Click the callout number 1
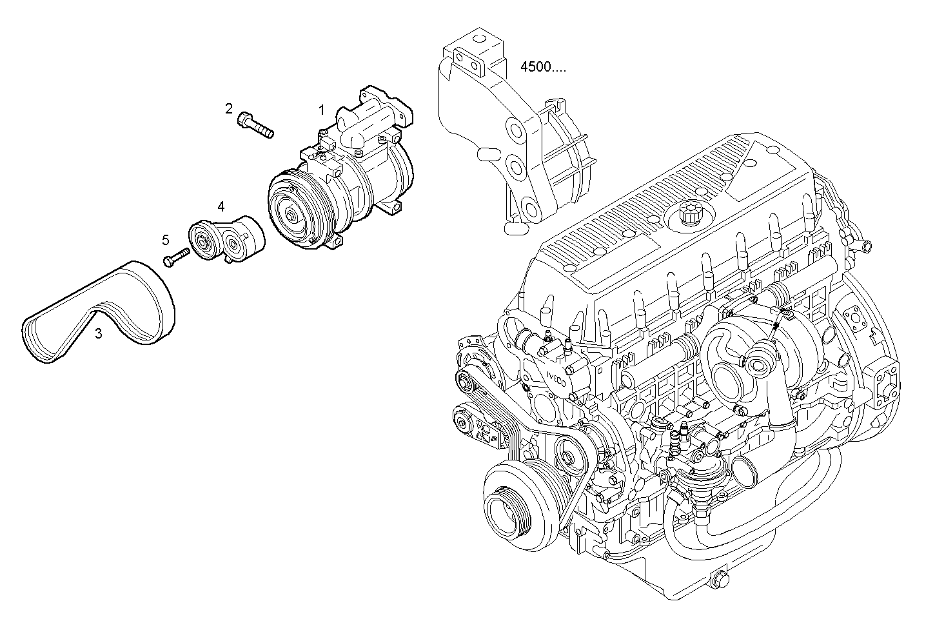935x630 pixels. [321, 110]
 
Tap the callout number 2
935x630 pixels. [228, 108]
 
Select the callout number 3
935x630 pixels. [98, 333]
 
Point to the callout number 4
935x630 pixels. [221, 206]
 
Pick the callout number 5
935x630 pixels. [166, 240]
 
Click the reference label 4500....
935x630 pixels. [543, 67]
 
